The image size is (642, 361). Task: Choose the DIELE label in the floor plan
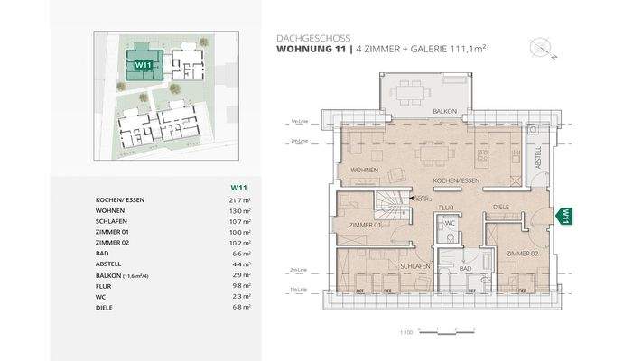tap(501, 207)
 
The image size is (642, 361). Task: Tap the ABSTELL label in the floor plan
tap(539, 158)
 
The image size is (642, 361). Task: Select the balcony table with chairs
tap(417, 91)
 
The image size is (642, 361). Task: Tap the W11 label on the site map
tap(142, 65)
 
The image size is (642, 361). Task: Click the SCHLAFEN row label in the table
tap(112, 221)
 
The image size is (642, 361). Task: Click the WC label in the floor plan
tap(450, 222)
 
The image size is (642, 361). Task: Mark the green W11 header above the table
tap(240, 187)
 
